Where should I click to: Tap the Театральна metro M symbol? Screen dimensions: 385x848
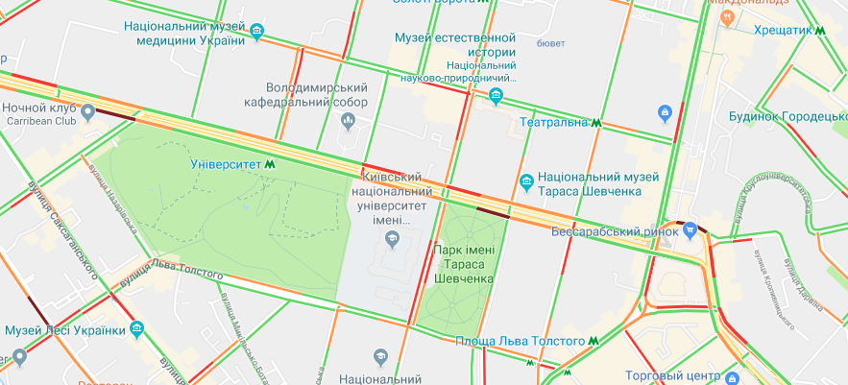(x=596, y=123)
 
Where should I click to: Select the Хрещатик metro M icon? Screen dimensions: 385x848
(x=822, y=31)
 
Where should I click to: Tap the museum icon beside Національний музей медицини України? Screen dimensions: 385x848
(x=256, y=33)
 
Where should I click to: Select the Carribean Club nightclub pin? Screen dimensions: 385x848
(x=88, y=113)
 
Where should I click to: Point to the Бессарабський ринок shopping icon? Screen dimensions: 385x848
(x=690, y=230)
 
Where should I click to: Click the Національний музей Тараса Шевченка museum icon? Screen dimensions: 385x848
(x=526, y=182)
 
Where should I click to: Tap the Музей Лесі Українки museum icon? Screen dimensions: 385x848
(x=137, y=329)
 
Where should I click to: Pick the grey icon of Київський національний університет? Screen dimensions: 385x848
(x=391, y=240)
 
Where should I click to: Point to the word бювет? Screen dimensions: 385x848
(x=550, y=43)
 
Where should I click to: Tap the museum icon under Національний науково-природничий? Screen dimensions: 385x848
(x=496, y=94)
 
